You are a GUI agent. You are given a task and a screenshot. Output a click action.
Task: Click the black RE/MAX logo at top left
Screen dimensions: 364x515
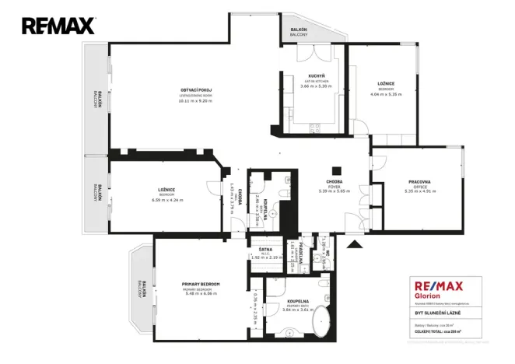[x=58, y=26]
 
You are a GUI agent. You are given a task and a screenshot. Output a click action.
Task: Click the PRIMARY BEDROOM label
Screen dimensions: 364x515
[x=201, y=284]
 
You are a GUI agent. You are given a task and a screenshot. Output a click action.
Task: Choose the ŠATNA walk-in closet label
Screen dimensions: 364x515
[x=265, y=250]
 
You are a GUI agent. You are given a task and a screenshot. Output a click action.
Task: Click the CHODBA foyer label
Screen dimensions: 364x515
[x=335, y=182]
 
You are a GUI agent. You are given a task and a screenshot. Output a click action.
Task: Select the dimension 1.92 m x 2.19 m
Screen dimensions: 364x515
[x=265, y=257]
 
